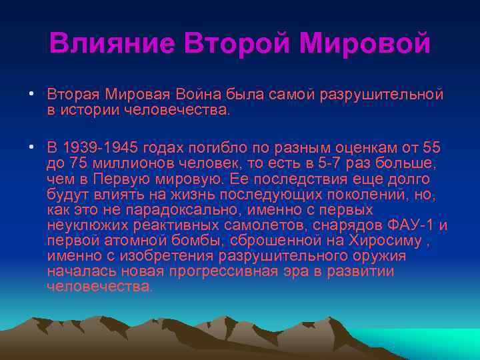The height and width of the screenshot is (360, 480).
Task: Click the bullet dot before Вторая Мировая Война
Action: coord(31,94)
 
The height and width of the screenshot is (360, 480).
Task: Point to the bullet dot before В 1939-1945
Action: coord(31,147)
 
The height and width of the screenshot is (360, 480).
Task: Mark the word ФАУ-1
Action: coord(412,224)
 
